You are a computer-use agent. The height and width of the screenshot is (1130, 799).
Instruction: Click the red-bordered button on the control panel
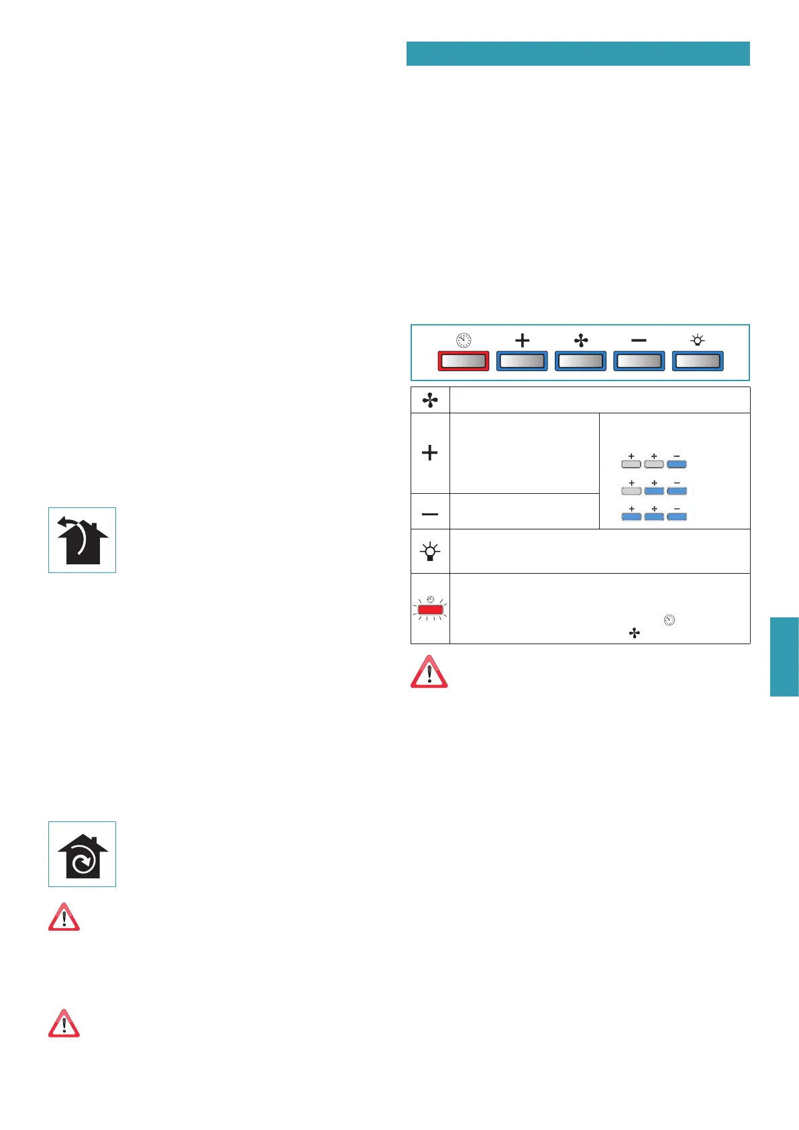click(463, 361)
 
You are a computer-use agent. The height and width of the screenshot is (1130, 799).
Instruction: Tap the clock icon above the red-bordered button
click(464, 340)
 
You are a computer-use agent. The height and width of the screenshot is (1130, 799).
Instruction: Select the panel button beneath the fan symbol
click(580, 361)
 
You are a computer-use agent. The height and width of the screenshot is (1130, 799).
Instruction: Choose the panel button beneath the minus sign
click(639, 361)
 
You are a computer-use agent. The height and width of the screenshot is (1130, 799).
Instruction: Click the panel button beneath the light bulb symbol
click(697, 361)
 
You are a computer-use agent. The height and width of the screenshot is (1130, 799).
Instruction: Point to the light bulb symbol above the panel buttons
click(698, 340)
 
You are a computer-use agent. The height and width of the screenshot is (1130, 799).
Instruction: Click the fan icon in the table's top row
click(430, 401)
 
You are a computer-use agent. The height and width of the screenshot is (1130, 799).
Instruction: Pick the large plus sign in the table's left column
click(429, 453)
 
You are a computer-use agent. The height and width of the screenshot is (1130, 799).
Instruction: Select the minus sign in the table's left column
click(430, 514)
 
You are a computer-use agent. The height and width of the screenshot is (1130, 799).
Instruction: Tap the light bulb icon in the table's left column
click(430, 552)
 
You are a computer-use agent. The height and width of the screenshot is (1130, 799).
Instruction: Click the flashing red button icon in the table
click(430, 609)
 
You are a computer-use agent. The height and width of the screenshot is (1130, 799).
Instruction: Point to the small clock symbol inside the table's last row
click(669, 620)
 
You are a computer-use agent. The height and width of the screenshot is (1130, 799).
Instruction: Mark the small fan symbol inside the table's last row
click(634, 633)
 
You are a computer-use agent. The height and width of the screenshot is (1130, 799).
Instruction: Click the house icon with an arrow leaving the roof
click(82, 540)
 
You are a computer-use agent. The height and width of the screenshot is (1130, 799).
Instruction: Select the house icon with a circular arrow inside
click(82, 854)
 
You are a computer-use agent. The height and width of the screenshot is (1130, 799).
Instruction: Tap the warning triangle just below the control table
click(429, 672)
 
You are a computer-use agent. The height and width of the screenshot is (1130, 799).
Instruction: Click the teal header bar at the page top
click(578, 54)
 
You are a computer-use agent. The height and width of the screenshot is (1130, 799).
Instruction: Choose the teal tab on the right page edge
click(784, 656)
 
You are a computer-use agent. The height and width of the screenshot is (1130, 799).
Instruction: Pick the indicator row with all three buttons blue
click(654, 516)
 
